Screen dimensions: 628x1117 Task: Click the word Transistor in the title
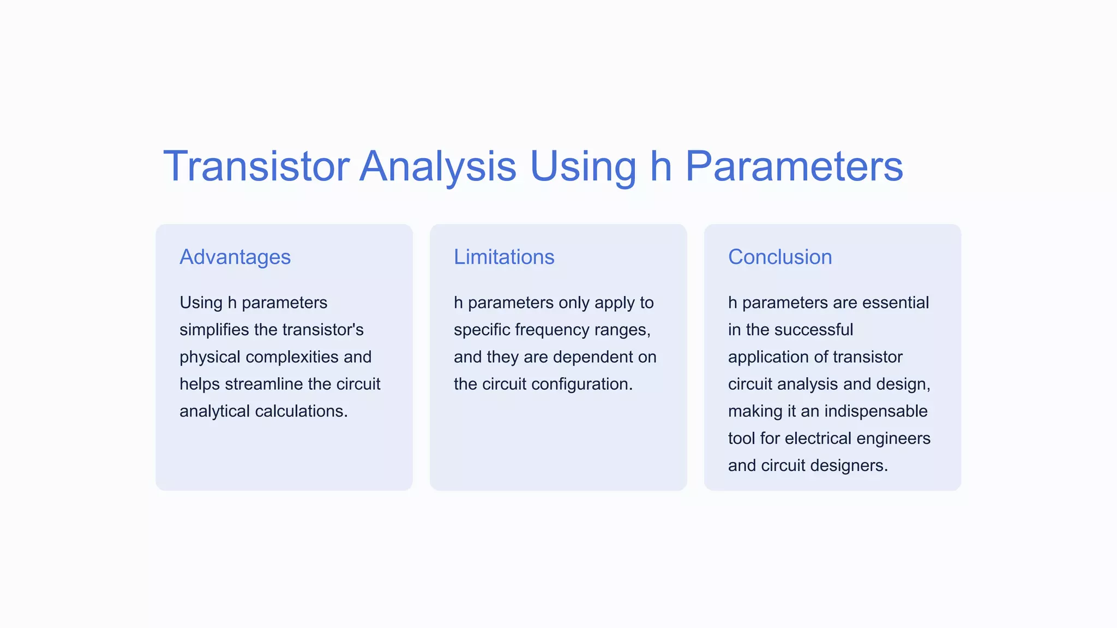coord(256,166)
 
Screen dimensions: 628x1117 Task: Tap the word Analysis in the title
coord(437,166)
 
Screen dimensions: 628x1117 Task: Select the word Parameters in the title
coord(794,166)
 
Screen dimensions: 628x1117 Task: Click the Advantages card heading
coord(235,257)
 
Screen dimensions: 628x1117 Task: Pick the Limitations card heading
coord(504,257)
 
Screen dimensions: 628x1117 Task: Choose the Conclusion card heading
coord(780,257)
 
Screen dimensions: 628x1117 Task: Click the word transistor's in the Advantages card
coord(323,330)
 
